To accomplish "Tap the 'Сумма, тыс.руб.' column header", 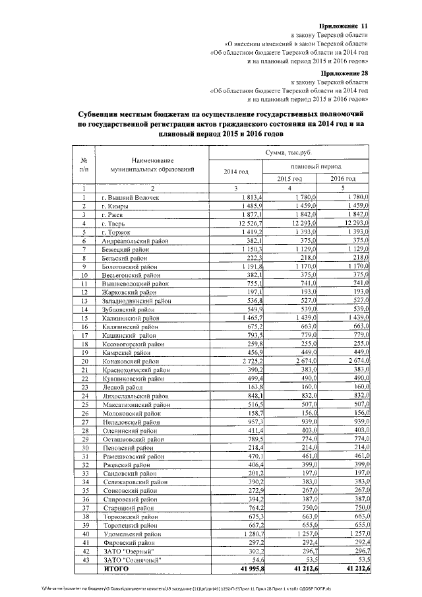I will (289, 152).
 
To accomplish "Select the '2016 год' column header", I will (343, 179).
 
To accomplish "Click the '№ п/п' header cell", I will (84, 165).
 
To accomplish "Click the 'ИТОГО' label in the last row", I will (115, 568).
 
